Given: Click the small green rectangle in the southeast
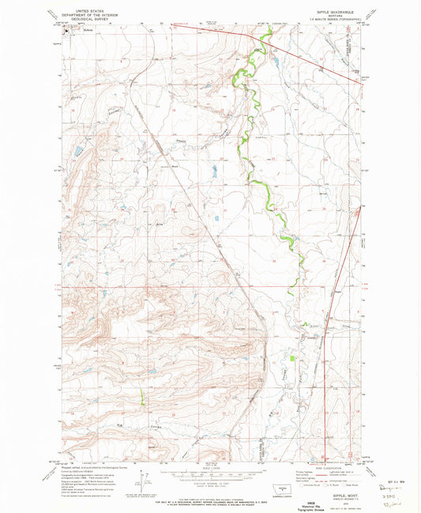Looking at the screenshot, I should [293, 359].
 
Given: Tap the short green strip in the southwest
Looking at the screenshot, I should [143, 395].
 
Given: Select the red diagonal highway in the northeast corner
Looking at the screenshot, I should [316, 58].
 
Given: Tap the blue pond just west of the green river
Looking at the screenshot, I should [214, 170].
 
